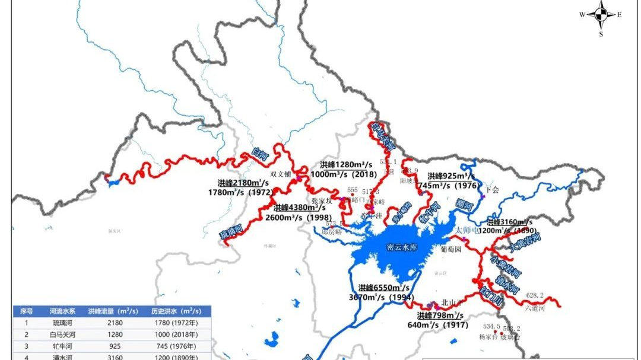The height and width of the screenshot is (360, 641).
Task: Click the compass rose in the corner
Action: [601, 15]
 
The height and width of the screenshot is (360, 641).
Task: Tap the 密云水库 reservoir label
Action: [402, 247]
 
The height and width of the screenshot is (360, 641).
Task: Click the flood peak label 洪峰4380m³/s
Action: [300, 208]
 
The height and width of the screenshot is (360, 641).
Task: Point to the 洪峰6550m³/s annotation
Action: [384, 288]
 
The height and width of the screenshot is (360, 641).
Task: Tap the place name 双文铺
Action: [281, 174]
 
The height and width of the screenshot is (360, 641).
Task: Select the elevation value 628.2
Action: [535, 295]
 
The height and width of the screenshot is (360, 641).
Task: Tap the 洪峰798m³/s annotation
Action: [440, 316]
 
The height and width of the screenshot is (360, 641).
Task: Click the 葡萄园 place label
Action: [451, 250]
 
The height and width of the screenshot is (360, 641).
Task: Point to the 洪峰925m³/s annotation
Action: [451, 176]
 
